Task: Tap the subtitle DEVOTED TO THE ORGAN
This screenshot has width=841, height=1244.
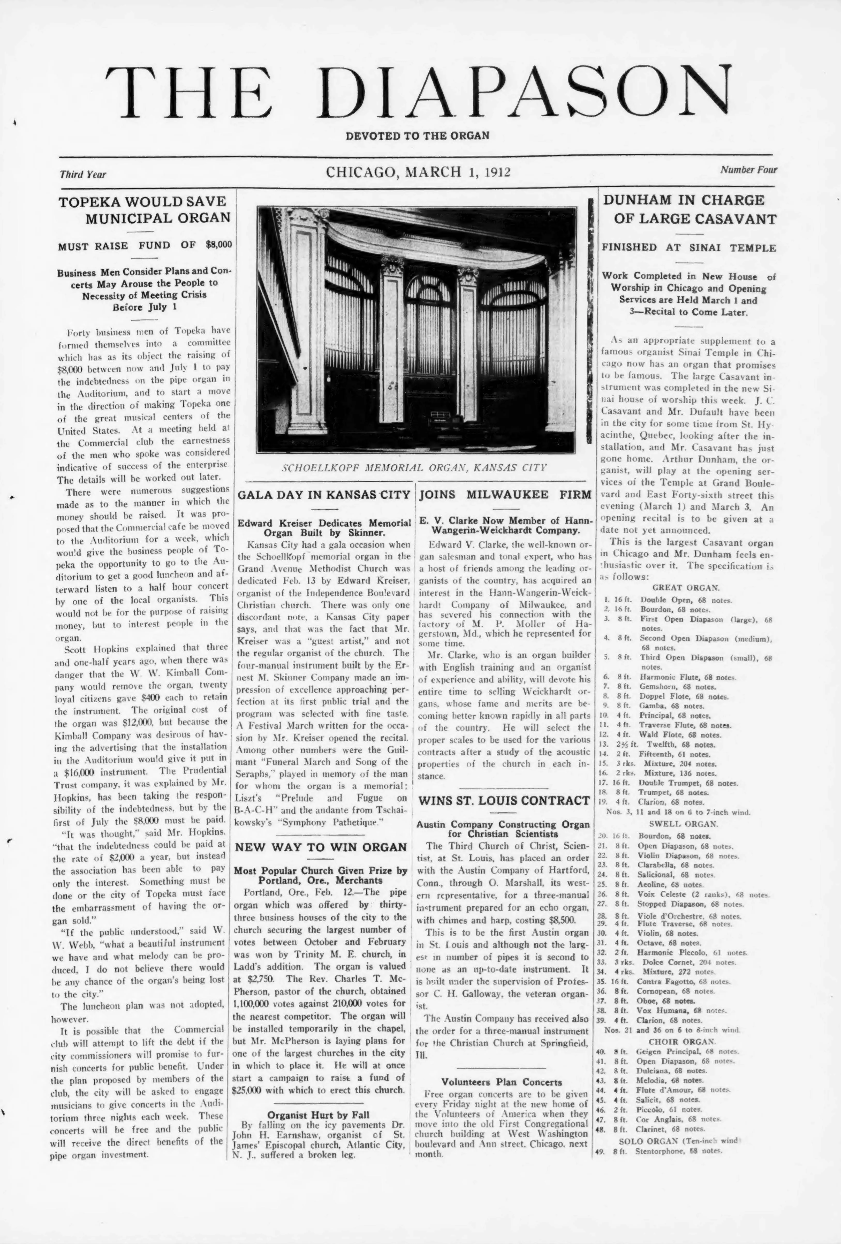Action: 418,135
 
